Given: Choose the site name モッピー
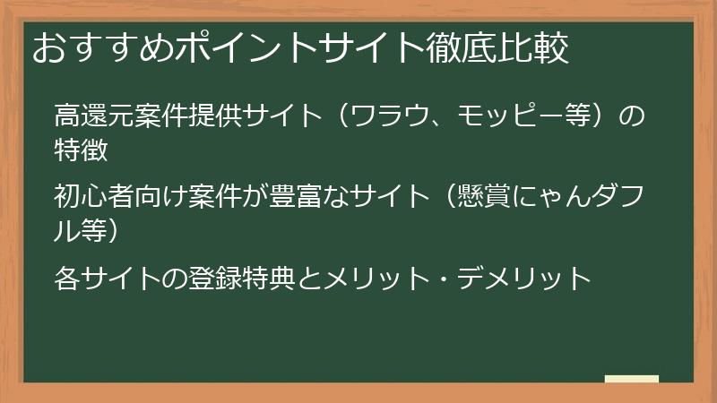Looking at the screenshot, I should click(x=525, y=116).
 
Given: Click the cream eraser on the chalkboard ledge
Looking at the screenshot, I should click(x=631, y=379).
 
